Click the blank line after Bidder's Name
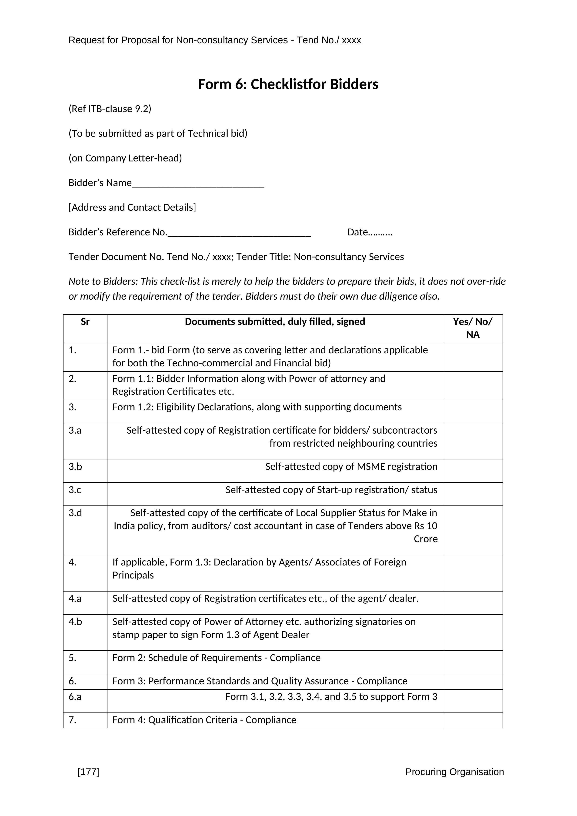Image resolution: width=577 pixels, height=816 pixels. tap(198, 185)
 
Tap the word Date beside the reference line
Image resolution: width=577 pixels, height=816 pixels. tap(357, 232)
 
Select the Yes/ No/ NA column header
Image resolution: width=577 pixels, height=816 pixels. tap(473, 328)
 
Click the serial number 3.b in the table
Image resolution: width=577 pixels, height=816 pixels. tap(75, 466)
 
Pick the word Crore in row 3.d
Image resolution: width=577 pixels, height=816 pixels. tap(426, 539)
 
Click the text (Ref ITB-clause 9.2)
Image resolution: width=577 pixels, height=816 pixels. tap(110, 109)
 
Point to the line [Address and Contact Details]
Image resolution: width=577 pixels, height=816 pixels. tap(132, 207)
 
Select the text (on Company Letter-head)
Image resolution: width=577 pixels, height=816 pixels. tap(125, 158)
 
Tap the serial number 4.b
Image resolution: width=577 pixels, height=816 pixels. tap(75, 622)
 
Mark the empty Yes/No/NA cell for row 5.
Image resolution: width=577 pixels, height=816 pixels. tap(473, 662)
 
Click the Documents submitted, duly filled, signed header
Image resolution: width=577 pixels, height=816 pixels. tap(275, 322)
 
